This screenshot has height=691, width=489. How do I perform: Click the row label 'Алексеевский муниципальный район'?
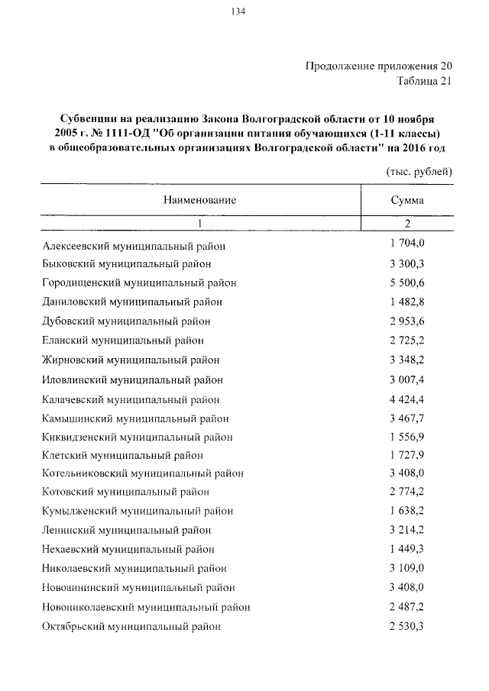pyautogui.click(x=134, y=246)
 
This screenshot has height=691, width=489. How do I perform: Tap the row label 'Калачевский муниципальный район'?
pyautogui.click(x=131, y=399)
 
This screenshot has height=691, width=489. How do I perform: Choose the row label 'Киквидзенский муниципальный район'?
pyautogui.click(x=138, y=437)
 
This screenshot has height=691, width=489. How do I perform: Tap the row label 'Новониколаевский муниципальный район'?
pyautogui.click(x=146, y=608)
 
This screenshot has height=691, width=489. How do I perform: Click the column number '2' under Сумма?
pyautogui.click(x=407, y=224)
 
